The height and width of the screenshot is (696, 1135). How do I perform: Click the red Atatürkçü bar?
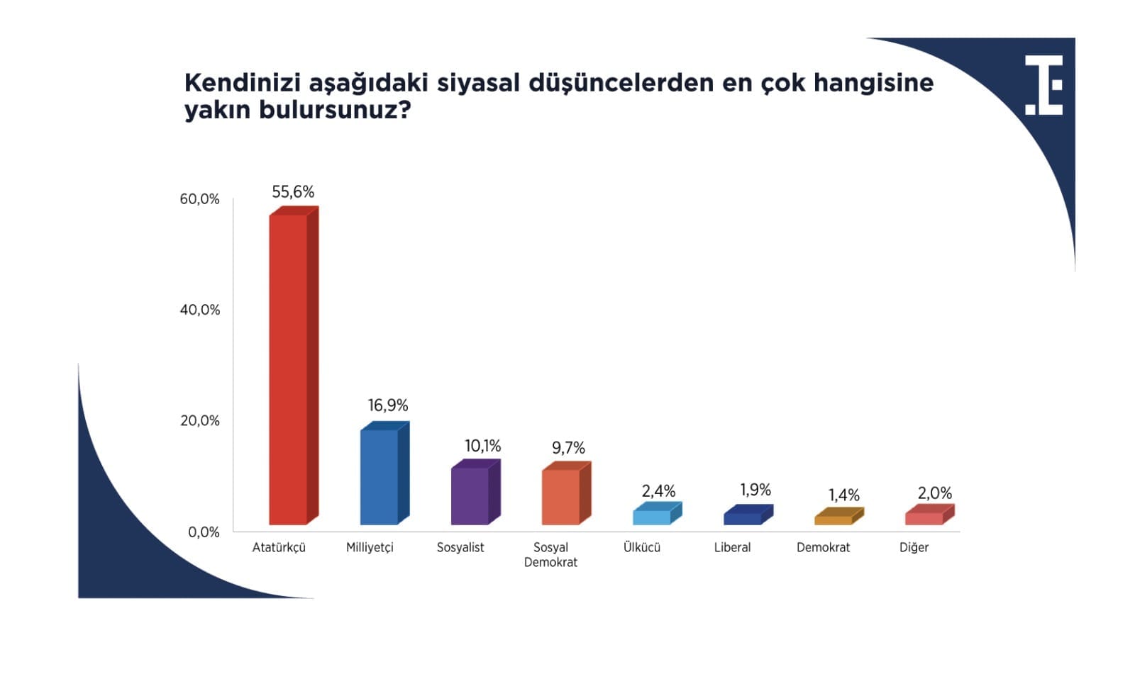coord(294,366)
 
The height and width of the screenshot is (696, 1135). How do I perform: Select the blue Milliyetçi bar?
coord(384,473)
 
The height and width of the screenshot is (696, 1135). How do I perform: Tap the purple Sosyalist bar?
coord(476,492)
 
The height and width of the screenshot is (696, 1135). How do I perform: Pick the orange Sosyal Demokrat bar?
coord(567,493)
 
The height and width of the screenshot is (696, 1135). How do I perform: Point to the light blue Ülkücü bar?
coord(657,513)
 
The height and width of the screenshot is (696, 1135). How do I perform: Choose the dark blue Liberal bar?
coord(748,515)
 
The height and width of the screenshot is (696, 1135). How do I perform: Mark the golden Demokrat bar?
coord(839,516)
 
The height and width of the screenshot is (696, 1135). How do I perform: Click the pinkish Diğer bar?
coord(930,515)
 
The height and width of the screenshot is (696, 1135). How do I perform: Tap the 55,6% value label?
coord(293,192)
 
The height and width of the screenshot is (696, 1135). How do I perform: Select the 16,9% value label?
coord(387,405)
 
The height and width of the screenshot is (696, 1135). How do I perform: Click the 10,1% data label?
coord(482,446)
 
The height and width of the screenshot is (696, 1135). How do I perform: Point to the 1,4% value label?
coord(843,495)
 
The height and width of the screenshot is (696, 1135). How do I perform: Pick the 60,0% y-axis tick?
coord(199,199)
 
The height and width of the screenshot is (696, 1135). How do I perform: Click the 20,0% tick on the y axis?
coord(199,420)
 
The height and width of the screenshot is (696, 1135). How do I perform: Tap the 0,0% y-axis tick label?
coord(204,532)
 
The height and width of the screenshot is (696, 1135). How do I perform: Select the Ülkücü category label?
coord(641,547)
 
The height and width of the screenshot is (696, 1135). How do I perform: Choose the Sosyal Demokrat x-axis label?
coord(550,555)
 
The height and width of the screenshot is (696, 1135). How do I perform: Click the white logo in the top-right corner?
coord(1043,85)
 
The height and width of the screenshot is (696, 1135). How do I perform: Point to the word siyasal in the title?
coord(478,82)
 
